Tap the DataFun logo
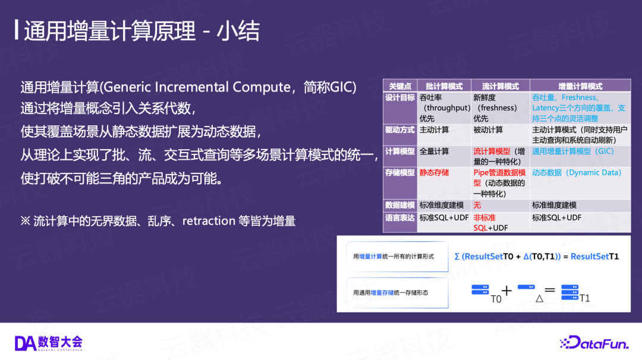click(x=594, y=343)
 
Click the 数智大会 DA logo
click(x=48, y=343)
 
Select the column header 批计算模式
click(x=444, y=86)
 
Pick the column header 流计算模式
click(x=501, y=86)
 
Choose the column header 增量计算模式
click(x=580, y=86)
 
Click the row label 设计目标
click(x=400, y=98)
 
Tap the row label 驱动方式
click(x=400, y=130)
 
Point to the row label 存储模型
click(x=400, y=173)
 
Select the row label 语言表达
click(x=400, y=217)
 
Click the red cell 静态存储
click(x=434, y=173)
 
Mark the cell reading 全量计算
click(x=434, y=151)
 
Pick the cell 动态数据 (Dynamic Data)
click(x=577, y=173)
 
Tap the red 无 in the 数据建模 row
click(x=477, y=205)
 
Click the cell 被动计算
click(x=488, y=130)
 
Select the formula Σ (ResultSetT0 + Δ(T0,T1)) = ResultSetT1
click(x=536, y=257)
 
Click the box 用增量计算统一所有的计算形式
click(x=397, y=257)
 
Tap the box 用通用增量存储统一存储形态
click(x=397, y=292)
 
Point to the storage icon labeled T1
click(x=569, y=292)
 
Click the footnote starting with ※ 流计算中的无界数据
click(x=158, y=221)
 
